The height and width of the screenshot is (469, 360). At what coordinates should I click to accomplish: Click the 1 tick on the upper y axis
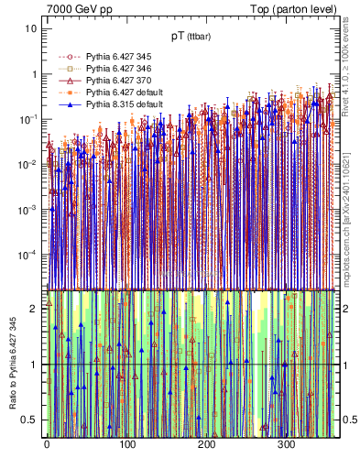click(x=34, y=74)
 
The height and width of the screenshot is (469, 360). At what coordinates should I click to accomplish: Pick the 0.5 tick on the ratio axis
click(x=30, y=420)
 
